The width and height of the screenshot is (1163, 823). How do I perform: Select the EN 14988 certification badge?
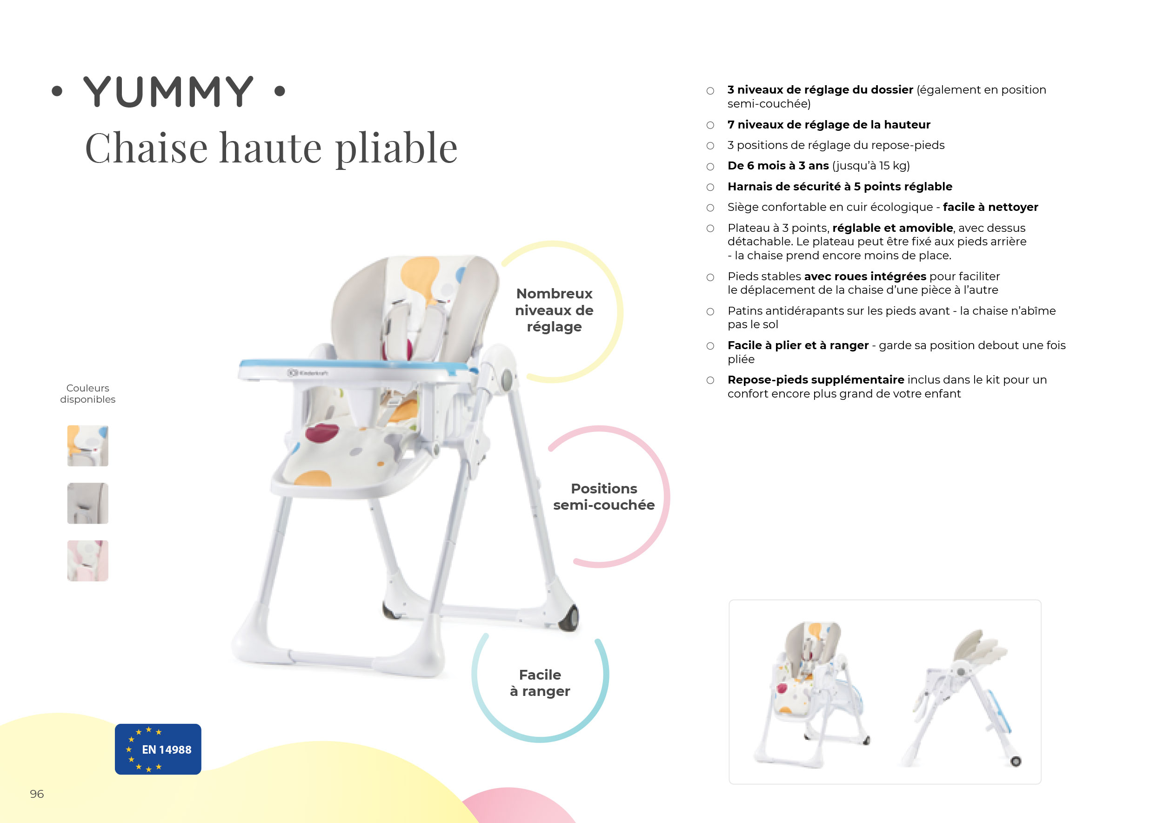158,749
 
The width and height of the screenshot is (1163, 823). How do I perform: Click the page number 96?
37,794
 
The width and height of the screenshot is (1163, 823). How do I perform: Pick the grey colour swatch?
87,503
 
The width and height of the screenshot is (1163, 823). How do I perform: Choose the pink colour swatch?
87,560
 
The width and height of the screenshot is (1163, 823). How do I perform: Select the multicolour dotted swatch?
87,446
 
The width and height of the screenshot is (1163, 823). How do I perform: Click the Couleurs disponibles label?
87,394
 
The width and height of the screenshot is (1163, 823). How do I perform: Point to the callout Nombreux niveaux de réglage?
554,310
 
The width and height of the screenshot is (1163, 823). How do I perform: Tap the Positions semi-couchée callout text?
604,497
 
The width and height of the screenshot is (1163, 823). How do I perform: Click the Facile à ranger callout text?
540,683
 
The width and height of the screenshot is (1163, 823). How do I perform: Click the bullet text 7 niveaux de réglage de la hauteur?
829,125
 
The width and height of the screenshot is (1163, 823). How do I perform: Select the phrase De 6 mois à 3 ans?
778,166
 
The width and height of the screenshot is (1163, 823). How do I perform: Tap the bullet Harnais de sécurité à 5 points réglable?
840,187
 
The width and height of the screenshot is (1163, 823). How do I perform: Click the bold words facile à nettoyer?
990,207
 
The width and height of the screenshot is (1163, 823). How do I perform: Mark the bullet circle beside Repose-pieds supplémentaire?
710,380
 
